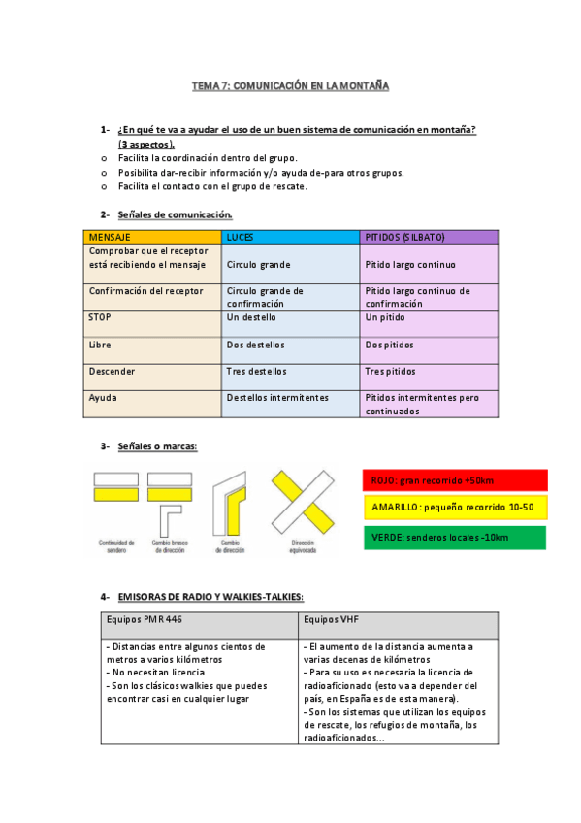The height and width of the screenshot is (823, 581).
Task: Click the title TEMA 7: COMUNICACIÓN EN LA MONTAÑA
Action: [x=290, y=86]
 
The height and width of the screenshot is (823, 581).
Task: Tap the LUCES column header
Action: [x=240, y=237]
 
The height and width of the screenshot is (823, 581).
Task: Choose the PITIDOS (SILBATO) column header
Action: [x=404, y=237]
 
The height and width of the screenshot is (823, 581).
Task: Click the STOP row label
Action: [x=99, y=317]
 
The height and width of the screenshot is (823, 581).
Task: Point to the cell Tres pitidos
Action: [x=390, y=371]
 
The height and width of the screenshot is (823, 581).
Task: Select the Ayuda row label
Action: [x=102, y=398]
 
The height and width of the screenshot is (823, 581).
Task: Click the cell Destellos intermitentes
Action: [x=277, y=398]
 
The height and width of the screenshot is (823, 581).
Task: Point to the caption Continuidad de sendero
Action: [x=115, y=546]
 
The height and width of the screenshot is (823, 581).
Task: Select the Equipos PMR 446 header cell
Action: [x=143, y=619]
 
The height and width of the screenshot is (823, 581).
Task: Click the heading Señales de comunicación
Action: [x=175, y=214]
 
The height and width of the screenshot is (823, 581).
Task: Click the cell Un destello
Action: [x=251, y=317]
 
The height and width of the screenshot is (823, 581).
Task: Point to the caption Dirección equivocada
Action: [x=303, y=546]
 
